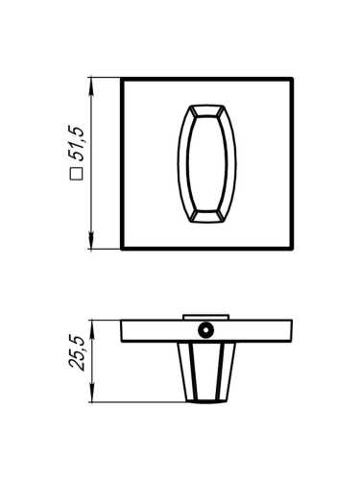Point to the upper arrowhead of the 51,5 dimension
[91, 84]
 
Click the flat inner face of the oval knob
[206, 163]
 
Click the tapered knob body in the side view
[206, 370]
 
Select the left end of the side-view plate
[124, 330]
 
